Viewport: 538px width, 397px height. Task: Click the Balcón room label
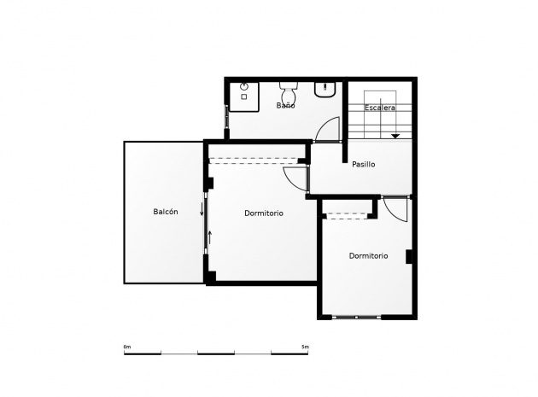tap(166, 212)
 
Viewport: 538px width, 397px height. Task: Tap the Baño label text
tap(285, 105)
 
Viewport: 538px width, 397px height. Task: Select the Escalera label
tap(380, 108)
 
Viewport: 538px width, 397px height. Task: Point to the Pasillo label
tap(363, 165)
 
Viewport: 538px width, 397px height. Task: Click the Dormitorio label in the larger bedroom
tap(264, 213)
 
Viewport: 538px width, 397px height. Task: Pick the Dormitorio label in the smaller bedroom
tap(369, 255)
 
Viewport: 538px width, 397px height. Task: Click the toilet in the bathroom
tap(289, 91)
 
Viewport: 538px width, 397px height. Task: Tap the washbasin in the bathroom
tap(325, 90)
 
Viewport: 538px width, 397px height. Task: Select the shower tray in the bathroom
tap(243, 96)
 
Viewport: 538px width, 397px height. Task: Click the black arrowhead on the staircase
tap(395, 137)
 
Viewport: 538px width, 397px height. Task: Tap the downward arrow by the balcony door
tap(202, 209)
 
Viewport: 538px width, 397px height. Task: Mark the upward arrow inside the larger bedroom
tap(210, 237)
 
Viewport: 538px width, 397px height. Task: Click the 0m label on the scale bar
tap(127, 347)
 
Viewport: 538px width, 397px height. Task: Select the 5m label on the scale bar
tap(305, 347)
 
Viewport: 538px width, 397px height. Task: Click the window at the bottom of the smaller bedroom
tap(356, 318)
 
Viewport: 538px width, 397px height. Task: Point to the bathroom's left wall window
tap(226, 117)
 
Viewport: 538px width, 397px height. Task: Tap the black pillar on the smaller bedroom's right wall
tap(409, 257)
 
